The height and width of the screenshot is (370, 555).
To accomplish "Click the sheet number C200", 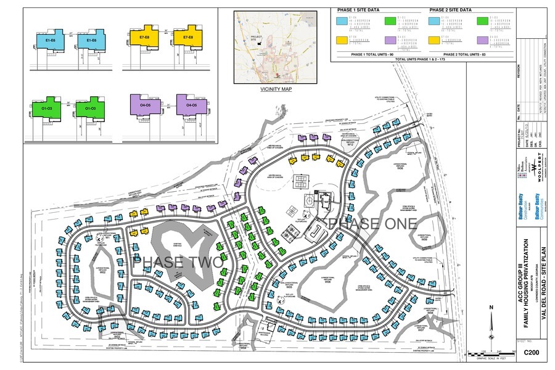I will pos(531,352).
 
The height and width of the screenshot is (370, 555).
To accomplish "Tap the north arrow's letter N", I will pos(490,308).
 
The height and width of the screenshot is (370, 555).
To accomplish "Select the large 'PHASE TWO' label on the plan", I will pos(178,261).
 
